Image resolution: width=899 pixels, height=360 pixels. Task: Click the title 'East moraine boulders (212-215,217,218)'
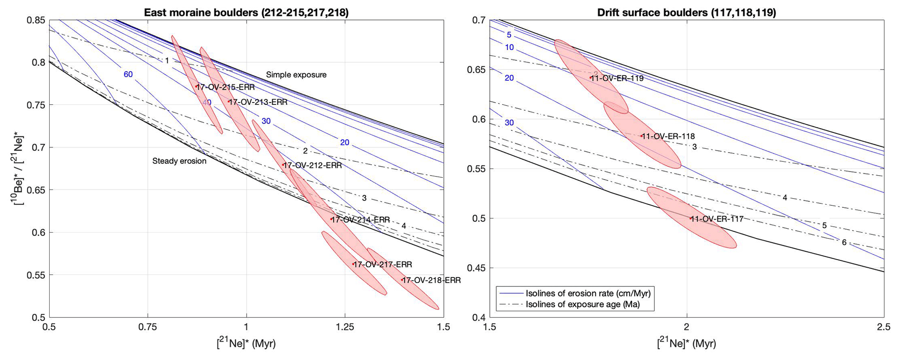(x=246, y=12)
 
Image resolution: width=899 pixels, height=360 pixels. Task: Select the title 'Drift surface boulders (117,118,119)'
(x=686, y=12)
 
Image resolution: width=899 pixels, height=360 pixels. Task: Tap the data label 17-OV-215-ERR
(x=226, y=87)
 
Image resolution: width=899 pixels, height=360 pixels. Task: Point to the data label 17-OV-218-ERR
(x=431, y=280)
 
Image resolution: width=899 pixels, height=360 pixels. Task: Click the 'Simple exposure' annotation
(x=296, y=75)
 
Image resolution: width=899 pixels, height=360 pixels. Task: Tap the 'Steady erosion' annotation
(x=179, y=161)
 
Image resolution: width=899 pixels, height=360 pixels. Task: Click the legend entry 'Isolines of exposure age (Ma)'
(x=583, y=304)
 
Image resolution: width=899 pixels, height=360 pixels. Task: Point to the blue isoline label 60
(x=128, y=74)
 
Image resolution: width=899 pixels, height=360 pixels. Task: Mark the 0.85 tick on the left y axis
(x=38, y=20)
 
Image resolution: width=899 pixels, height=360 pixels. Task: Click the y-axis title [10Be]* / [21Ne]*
(x=19, y=169)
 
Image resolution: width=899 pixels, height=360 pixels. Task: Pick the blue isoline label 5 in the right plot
(x=509, y=35)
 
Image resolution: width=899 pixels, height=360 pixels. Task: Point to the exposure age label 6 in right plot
(x=844, y=242)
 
